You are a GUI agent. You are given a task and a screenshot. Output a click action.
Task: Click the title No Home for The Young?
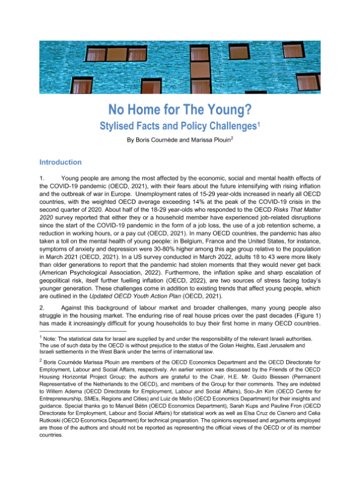click(179, 110)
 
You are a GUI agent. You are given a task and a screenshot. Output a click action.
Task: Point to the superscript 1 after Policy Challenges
click(259, 124)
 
